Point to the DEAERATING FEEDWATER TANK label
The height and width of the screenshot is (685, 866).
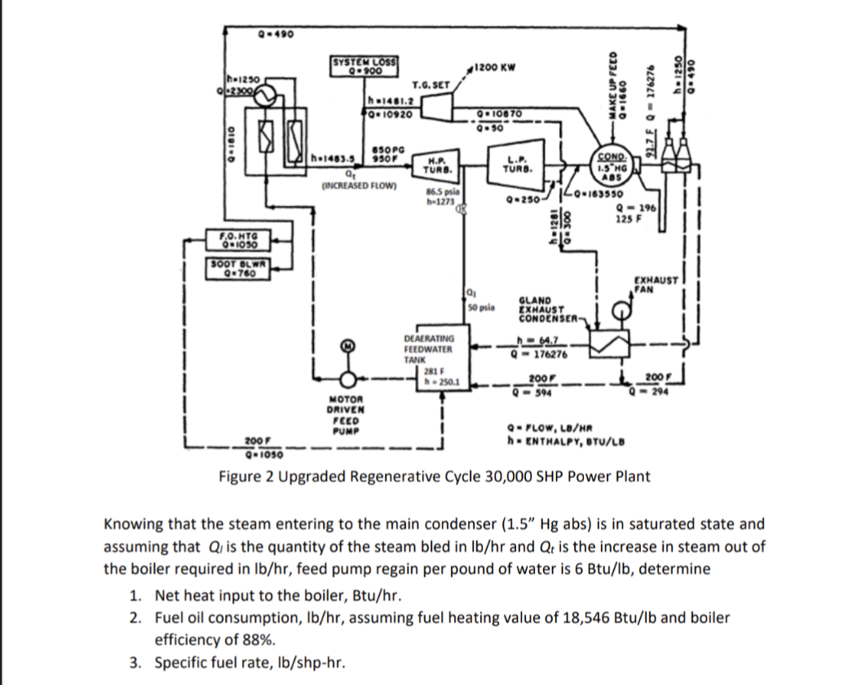coord(430,348)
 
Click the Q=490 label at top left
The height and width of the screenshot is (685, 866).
coord(269,34)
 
